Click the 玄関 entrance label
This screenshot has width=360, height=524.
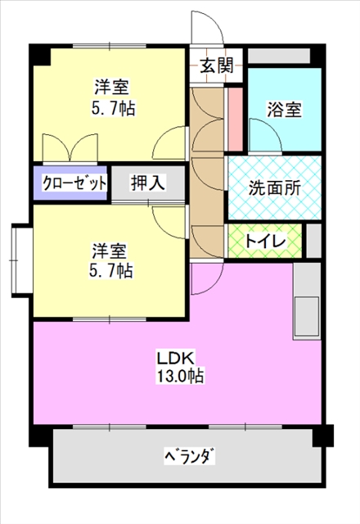click(x=216, y=65)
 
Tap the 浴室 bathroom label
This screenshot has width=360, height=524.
click(x=284, y=109)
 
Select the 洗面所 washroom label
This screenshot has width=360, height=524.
click(x=275, y=188)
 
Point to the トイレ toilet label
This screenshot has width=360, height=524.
click(x=265, y=241)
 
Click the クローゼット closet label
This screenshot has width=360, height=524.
click(x=74, y=183)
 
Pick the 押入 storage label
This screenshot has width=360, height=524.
click(x=148, y=183)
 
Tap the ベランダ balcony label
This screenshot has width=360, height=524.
click(x=190, y=456)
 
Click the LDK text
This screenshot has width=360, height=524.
click(x=176, y=359)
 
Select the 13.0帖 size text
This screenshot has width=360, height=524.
click(x=180, y=377)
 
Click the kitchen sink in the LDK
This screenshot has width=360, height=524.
click(x=306, y=317)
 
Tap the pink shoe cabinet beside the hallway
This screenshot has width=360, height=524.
click(x=236, y=119)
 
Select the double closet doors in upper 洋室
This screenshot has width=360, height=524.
click(x=70, y=147)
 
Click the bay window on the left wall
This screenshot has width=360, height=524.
click(x=22, y=261)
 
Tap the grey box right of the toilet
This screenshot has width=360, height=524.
click(x=314, y=241)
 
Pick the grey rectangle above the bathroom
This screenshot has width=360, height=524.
click(x=279, y=56)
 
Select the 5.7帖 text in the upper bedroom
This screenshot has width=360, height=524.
click(x=114, y=108)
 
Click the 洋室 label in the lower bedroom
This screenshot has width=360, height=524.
click(x=110, y=251)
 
